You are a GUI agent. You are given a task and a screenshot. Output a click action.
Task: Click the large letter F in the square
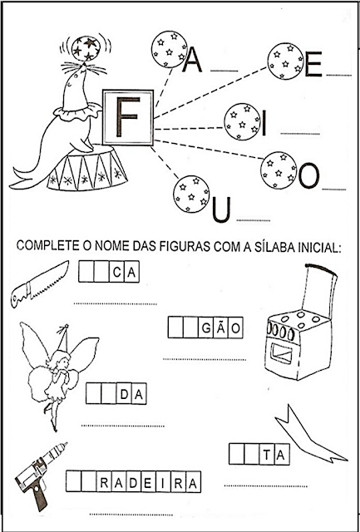126,116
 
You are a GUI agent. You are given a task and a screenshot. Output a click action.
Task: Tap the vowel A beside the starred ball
192,59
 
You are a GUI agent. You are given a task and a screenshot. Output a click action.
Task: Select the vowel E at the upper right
313,64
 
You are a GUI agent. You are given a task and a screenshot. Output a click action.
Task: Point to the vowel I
264,124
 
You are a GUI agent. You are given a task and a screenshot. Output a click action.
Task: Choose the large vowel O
308,175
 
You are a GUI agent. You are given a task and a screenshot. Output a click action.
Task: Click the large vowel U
221,209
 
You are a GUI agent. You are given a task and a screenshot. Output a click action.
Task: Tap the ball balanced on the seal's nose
86,48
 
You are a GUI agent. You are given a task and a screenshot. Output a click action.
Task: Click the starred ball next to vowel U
191,194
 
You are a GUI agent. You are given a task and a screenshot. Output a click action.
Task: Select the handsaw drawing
39,284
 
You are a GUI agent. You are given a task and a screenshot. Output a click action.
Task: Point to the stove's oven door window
281,353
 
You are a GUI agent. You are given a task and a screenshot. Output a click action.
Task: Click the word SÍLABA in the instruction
266,246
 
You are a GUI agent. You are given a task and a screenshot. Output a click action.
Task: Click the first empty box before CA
86,271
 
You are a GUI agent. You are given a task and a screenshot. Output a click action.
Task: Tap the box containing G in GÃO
205,328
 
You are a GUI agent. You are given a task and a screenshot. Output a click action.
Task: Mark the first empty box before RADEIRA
74,481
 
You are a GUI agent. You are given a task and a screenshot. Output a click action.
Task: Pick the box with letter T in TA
267,454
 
